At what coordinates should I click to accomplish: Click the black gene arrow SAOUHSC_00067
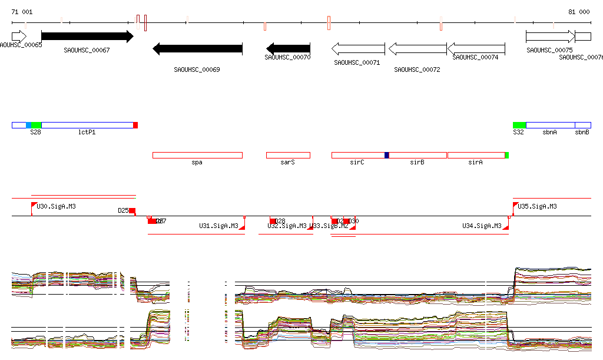(x=87, y=37)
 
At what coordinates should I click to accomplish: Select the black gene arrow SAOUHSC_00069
(x=197, y=48)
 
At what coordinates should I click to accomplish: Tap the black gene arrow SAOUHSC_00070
(x=288, y=48)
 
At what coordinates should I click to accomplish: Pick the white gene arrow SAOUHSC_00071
(x=358, y=48)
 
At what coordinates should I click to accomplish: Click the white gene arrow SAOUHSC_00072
(x=418, y=48)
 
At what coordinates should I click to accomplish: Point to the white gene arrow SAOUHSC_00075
(x=550, y=37)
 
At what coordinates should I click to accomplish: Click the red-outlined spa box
(x=197, y=155)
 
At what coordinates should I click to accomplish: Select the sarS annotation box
(x=288, y=155)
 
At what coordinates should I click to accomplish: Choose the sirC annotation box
(x=357, y=155)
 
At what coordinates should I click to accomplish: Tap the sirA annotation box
(x=476, y=155)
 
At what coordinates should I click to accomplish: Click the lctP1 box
(x=87, y=125)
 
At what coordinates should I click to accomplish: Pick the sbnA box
(x=550, y=125)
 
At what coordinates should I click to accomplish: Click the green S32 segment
(x=519, y=125)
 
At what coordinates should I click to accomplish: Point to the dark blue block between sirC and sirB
(x=387, y=155)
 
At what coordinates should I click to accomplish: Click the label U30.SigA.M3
(x=56, y=207)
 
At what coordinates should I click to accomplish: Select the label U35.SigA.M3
(x=537, y=207)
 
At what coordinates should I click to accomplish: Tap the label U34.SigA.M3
(x=482, y=226)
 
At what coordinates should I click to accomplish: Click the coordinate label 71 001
(x=22, y=12)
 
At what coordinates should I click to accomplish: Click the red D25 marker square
(x=132, y=211)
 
